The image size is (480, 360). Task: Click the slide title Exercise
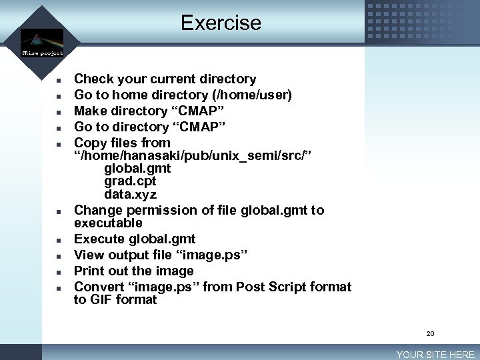point(221,23)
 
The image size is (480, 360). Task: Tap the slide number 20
point(430,333)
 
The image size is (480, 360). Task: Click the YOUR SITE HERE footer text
point(435,355)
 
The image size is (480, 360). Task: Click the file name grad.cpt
point(131,181)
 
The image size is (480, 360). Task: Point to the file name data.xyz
point(130,195)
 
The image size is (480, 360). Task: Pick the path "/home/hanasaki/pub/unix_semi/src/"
point(193,155)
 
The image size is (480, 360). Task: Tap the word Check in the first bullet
point(93,79)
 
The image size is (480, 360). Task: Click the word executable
point(108,223)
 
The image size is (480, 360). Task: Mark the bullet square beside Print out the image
point(59,272)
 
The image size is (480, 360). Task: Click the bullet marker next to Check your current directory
point(59,80)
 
